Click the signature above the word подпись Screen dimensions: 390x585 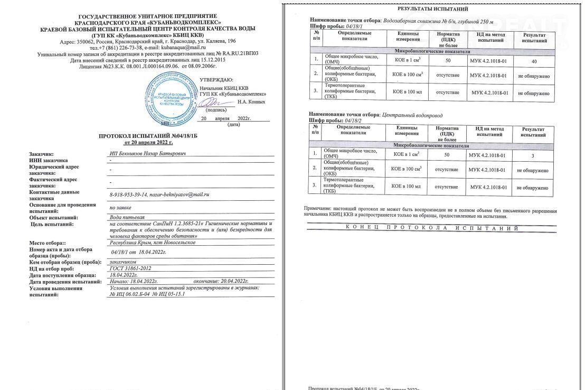210,102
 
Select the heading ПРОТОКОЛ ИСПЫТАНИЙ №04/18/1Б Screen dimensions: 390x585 148,136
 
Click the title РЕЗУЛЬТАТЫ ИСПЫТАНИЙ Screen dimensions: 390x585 432,9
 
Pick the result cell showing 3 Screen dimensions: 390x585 533,155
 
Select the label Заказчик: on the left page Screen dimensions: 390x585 43,153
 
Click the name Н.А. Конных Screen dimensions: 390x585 251,101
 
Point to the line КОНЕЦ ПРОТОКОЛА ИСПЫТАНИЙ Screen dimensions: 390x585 431,228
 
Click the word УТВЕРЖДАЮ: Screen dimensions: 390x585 216,80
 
